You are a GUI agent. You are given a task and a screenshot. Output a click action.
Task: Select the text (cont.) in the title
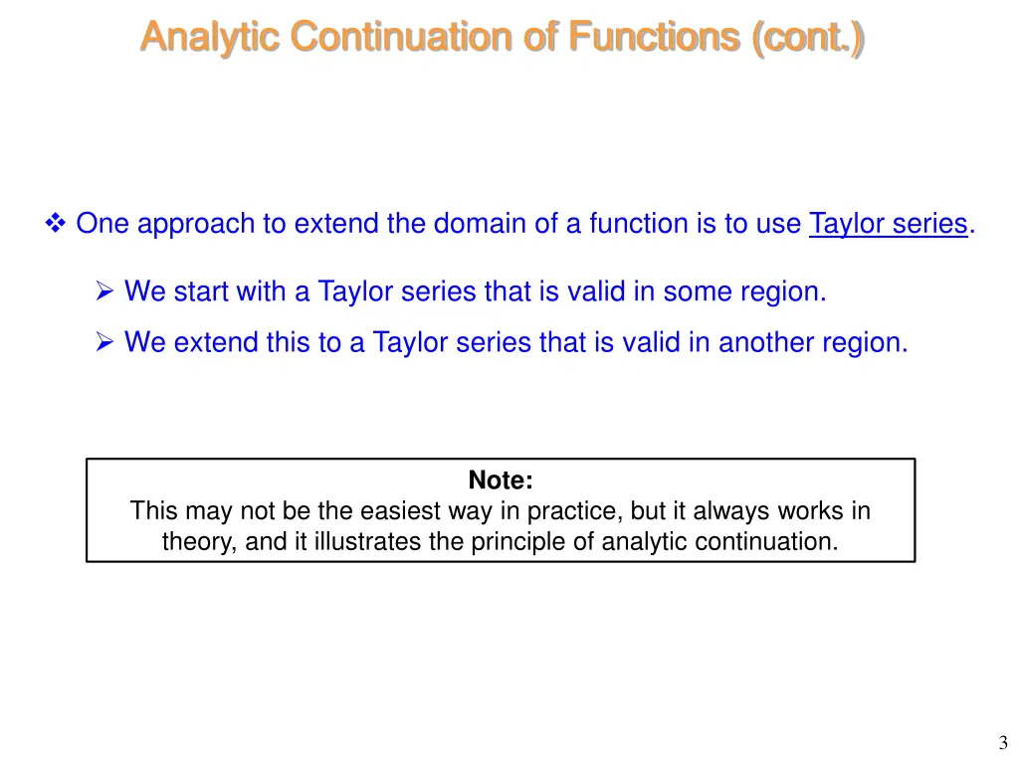coord(808,37)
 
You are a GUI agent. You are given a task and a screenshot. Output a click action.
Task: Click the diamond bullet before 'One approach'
coord(56,224)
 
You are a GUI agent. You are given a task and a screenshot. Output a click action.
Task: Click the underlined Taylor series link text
coord(888,224)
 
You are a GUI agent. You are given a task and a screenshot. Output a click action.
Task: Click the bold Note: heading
coord(501,480)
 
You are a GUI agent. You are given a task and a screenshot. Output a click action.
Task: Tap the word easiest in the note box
coord(399,511)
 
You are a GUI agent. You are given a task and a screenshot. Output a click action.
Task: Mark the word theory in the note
coord(195,542)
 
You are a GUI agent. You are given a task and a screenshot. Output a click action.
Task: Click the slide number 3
coord(1003,742)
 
